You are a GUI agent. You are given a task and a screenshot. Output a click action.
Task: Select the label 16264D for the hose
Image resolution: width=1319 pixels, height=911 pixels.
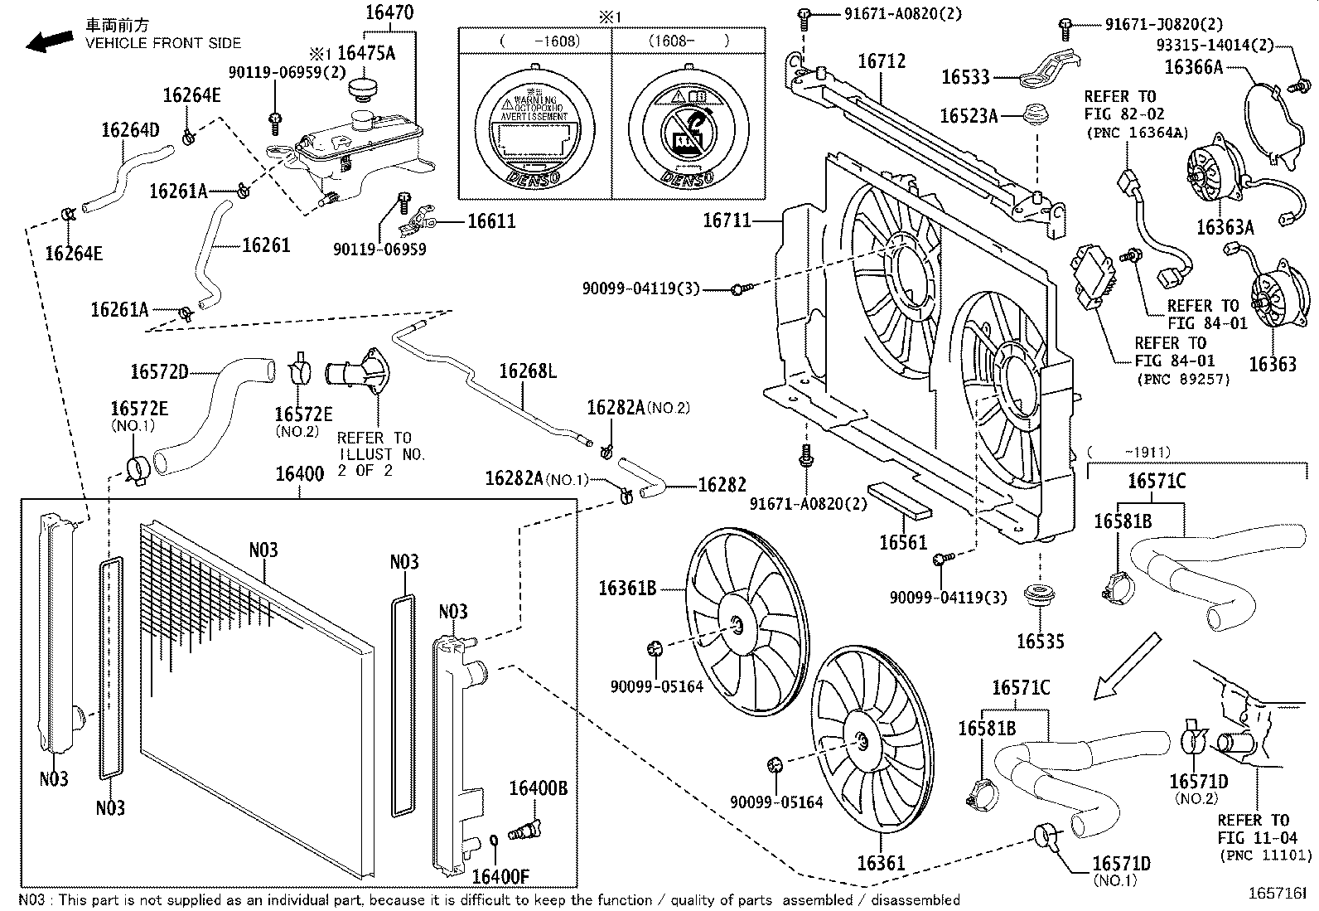coord(130,130)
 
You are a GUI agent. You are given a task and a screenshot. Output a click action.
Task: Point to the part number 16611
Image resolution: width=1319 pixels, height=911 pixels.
coord(491,221)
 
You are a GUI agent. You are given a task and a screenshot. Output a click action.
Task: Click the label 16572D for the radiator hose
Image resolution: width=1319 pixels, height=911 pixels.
coord(159,372)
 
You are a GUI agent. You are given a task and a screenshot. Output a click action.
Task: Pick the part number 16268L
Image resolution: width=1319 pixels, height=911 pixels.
coord(528,371)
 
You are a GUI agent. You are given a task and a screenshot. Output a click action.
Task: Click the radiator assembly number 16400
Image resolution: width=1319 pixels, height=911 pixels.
coord(299,474)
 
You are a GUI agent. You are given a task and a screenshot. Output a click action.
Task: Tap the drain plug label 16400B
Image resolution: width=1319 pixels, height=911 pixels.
coord(538,788)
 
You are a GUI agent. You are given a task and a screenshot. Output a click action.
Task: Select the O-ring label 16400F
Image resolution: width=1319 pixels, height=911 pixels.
coord(500,876)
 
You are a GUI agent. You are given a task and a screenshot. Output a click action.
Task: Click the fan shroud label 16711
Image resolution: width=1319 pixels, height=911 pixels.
coord(727,220)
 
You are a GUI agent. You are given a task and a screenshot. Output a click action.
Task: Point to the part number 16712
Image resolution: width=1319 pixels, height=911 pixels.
coord(882,61)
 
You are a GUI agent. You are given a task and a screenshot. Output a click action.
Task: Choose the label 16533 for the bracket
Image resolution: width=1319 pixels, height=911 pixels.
coord(965,77)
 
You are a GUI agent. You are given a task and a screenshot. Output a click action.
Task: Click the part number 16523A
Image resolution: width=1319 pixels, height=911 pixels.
coord(969,116)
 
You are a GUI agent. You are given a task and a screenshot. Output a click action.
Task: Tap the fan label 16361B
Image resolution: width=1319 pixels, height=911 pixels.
coord(627,589)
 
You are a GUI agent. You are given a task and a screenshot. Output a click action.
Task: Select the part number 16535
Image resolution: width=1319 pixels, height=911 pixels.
coord(1041,641)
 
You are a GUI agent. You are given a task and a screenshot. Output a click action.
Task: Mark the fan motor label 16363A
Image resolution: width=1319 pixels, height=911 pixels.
coord(1225,227)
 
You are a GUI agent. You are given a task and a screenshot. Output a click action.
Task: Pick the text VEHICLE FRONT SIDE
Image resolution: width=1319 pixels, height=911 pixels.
coord(163,43)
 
